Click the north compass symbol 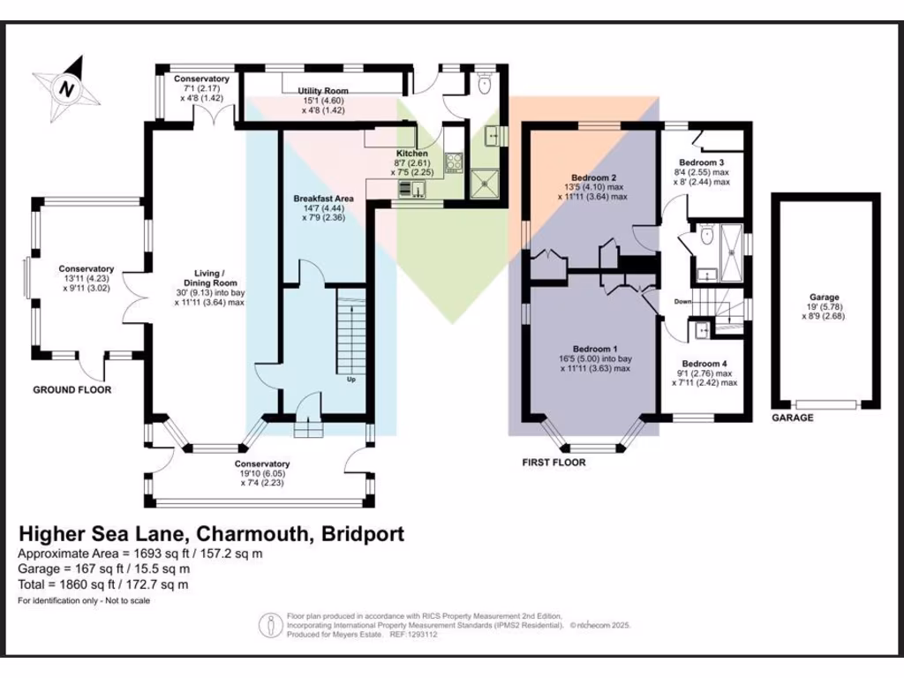pyautogui.click(x=66, y=87)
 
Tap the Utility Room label pyautogui.click(x=322, y=91)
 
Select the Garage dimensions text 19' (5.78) pyautogui.click(x=825, y=308)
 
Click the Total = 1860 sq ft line pyautogui.click(x=103, y=584)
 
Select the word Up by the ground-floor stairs pyautogui.click(x=350, y=380)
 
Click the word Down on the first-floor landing pyautogui.click(x=682, y=301)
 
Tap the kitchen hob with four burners pyautogui.click(x=453, y=162)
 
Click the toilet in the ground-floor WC pyautogui.click(x=484, y=84)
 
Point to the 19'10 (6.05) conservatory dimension pyautogui.click(x=262, y=475)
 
